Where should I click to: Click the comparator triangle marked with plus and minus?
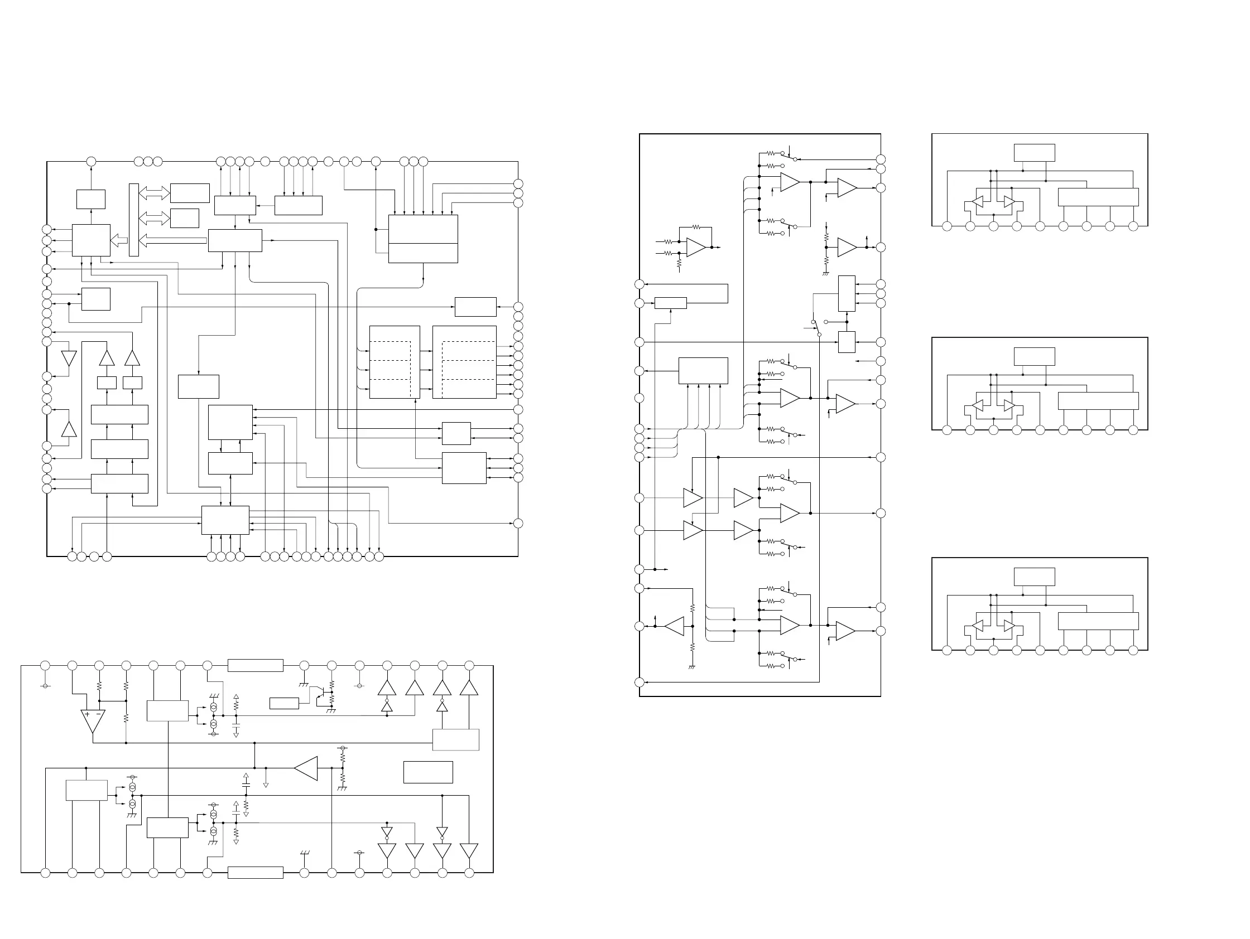(93, 720)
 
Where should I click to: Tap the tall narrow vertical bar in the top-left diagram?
(134, 220)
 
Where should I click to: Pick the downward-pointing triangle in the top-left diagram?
(69, 359)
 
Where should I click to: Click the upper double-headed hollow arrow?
(154, 193)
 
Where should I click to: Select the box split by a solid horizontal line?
(422, 239)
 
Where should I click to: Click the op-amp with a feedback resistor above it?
(696, 248)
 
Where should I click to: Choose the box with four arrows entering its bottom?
(703, 371)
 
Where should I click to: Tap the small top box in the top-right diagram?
(1034, 153)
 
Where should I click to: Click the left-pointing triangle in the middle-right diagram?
(977, 405)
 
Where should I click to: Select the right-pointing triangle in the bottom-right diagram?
(1009, 626)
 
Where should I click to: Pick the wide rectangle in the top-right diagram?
(1098, 197)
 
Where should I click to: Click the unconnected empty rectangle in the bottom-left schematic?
(428, 772)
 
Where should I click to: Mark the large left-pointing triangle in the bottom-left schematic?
(306, 768)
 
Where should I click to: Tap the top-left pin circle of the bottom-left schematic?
(46, 666)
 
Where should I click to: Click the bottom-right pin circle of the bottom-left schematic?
(469, 873)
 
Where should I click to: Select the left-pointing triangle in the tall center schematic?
(674, 626)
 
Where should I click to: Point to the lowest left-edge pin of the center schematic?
(639, 682)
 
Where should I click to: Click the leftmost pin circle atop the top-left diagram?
(91, 162)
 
